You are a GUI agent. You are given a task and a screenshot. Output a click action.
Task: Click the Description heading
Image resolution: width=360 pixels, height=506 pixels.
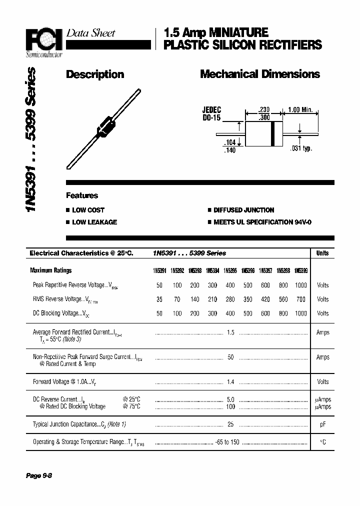[95, 74]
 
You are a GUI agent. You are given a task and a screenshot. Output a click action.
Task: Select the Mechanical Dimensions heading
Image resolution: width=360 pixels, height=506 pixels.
[259, 74]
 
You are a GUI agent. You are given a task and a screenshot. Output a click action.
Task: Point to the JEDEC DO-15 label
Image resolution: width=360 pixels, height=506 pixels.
[211, 114]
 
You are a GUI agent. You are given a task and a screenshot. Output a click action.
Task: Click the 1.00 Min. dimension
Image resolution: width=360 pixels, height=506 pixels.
[300, 110]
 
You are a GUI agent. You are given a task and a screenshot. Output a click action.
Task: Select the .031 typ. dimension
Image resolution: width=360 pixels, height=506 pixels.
[300, 148]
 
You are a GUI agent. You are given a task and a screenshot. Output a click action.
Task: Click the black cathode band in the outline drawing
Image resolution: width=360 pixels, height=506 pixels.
[272, 134]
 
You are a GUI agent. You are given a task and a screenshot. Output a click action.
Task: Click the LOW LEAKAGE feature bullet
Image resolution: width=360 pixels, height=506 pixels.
[94, 222]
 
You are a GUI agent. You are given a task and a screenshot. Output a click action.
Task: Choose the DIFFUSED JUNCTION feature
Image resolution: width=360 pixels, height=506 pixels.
[243, 210]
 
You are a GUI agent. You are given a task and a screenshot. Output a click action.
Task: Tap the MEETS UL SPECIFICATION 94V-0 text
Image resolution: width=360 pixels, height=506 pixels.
[262, 222]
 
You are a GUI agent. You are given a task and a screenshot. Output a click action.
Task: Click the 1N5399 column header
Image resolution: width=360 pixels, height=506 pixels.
[300, 270]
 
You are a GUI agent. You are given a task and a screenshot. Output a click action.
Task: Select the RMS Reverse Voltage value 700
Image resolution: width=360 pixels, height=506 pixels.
[300, 299]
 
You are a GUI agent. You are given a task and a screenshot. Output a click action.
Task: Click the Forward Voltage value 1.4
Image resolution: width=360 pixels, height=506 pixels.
[230, 381]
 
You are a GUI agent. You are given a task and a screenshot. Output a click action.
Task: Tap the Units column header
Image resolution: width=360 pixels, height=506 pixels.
[322, 253]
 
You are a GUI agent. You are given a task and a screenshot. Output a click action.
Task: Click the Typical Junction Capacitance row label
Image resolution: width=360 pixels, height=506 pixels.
[79, 424]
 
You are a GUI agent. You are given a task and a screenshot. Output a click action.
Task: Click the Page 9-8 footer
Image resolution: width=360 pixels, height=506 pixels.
[39, 475]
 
